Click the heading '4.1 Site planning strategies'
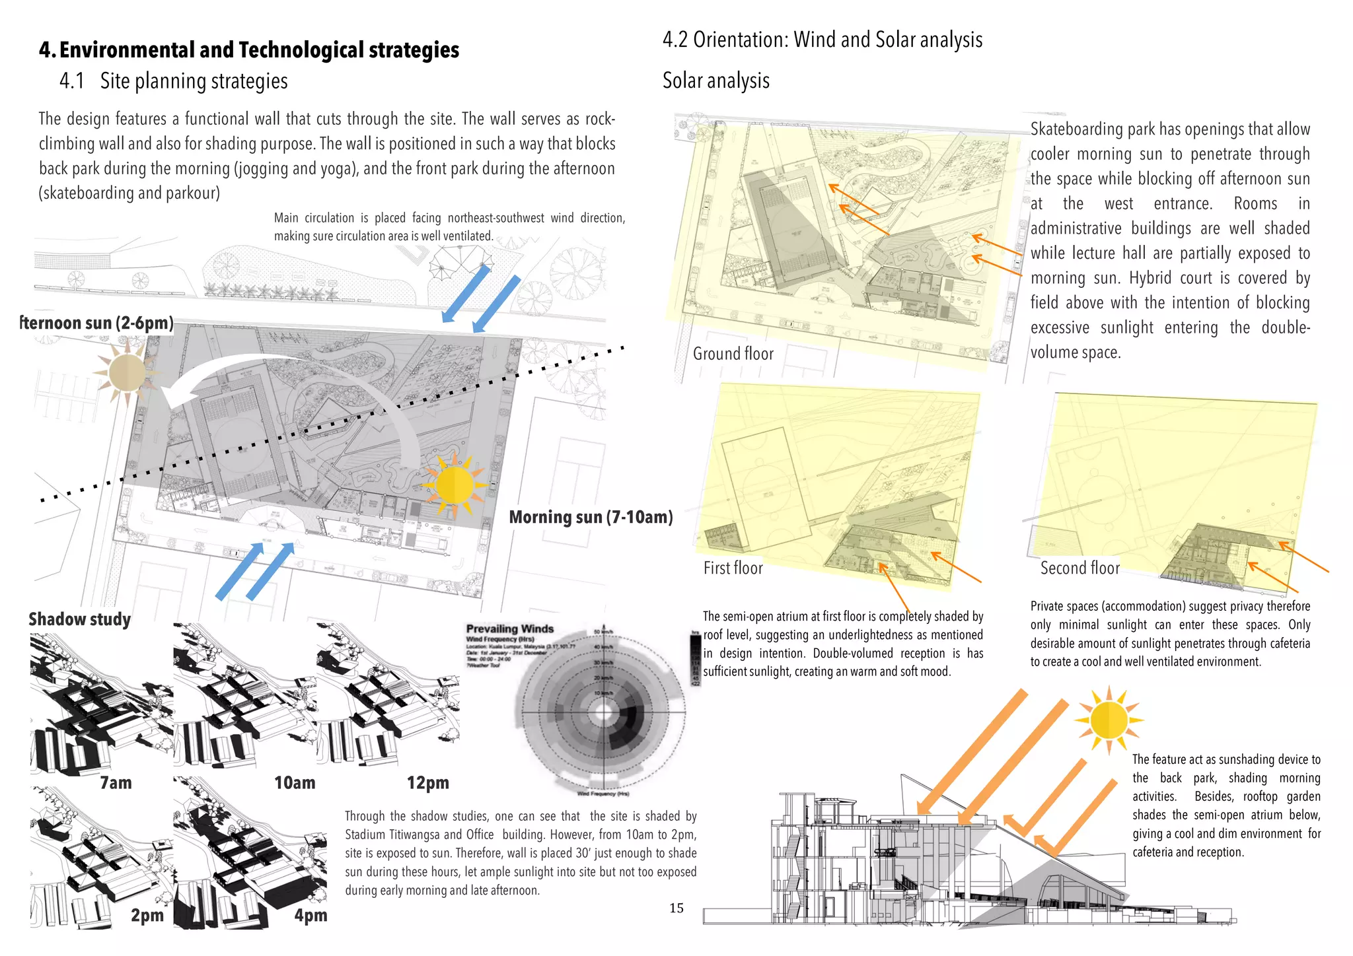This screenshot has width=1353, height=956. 174,81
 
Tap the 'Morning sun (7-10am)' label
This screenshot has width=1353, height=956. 591,517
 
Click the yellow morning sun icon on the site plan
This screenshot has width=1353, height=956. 455,485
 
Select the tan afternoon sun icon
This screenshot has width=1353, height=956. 126,372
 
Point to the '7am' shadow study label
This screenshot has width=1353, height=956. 116,783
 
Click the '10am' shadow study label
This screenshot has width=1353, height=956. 295,783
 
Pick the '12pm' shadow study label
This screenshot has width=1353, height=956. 427,783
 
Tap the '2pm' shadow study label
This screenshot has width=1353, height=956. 147,915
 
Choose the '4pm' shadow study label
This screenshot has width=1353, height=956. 311,915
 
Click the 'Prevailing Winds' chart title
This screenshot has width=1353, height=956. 509,629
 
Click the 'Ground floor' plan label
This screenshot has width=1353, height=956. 733,354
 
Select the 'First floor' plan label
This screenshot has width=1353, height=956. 733,568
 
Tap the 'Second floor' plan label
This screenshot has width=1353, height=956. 1079,568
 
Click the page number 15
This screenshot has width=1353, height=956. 676,908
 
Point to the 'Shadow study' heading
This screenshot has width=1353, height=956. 79,619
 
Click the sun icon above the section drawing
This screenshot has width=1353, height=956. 1109,720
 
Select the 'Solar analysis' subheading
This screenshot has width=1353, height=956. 715,81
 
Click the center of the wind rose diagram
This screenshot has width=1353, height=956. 603,712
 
